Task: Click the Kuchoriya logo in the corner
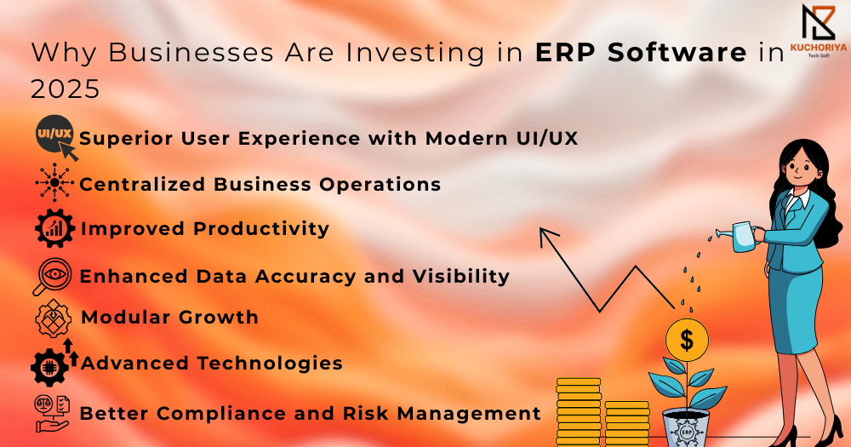coord(818,31)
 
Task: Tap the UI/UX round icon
coord(54,135)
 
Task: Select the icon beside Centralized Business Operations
coord(54,182)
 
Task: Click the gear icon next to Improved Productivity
coord(54,228)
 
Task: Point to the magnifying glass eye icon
coord(52,276)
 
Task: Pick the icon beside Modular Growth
coord(53,318)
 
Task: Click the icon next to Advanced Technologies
coord(54,363)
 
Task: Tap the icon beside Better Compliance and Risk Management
coord(52,413)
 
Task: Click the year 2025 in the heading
coord(66,89)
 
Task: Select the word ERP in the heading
coord(567,53)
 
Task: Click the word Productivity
coord(261,229)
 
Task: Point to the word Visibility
coord(460,276)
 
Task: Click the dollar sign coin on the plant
coord(687,341)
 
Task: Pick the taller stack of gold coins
coord(579,412)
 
